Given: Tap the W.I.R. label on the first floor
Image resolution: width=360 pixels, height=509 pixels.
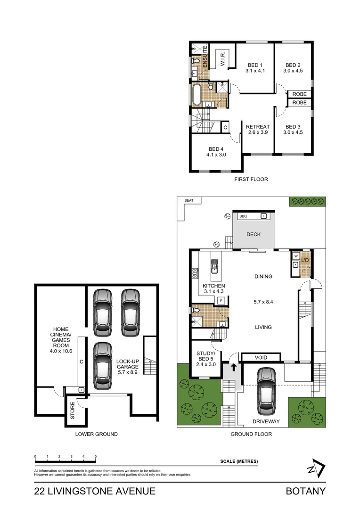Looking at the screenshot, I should coord(223,60).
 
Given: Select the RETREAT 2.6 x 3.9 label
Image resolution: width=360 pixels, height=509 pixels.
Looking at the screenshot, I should coord(258,130).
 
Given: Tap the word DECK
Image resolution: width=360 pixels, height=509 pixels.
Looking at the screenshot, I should coord(253,234).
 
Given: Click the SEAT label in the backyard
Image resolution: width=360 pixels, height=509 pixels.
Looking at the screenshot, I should coord(189,200).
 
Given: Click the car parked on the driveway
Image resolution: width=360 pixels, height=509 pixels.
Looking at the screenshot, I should coord(267,389).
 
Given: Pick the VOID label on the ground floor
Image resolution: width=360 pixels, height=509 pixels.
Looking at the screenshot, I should coord(261,358).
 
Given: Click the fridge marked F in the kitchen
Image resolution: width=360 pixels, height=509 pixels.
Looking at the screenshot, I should coord(220,300).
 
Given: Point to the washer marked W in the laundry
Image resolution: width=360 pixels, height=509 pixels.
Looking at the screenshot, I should coord(295,256).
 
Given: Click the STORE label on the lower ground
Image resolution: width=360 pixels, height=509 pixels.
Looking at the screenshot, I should coord(73,410).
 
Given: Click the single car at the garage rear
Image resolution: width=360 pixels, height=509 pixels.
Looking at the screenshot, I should coord(103,365).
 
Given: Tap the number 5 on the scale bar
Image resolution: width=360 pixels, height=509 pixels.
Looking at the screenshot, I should coord(96,457).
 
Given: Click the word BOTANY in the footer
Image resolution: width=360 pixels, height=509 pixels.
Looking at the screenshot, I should coord(305,491).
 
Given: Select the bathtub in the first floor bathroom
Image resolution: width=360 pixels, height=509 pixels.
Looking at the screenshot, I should coord(196,95).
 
